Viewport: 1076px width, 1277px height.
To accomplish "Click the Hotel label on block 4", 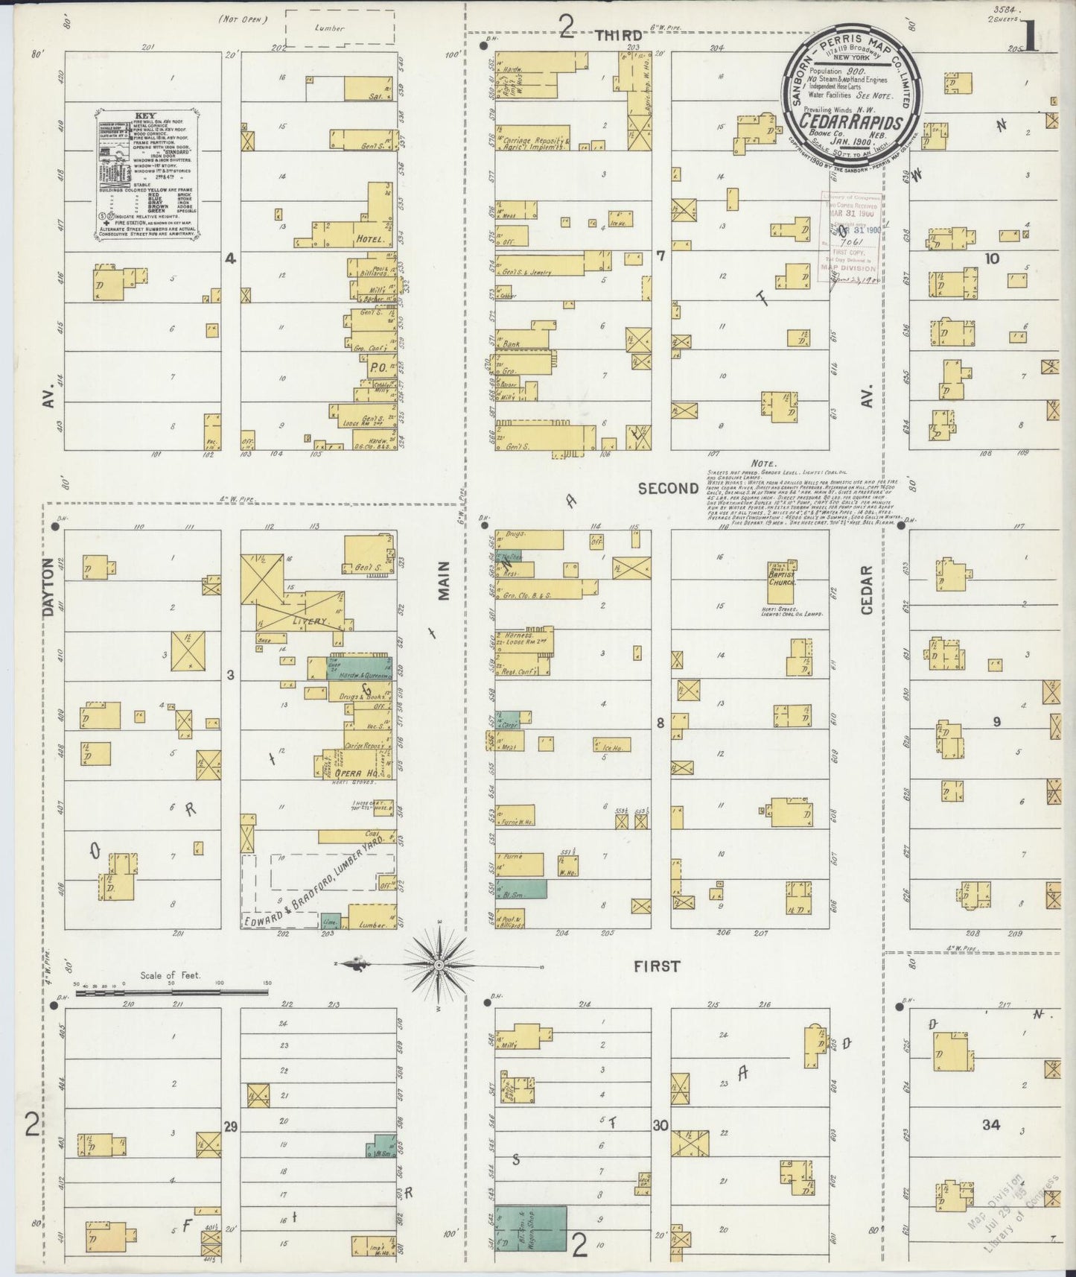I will point(370,240).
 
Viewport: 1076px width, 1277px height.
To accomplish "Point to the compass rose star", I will point(439,965).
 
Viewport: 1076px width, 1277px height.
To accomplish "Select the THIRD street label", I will point(618,35).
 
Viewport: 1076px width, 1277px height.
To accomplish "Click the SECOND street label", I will point(668,488).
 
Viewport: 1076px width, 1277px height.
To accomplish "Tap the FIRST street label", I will point(656,966).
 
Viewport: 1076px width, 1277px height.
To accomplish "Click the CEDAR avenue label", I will point(866,590).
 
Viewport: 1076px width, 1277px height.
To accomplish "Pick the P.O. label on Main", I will point(376,367).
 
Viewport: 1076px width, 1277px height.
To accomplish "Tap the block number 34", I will point(990,1125).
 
